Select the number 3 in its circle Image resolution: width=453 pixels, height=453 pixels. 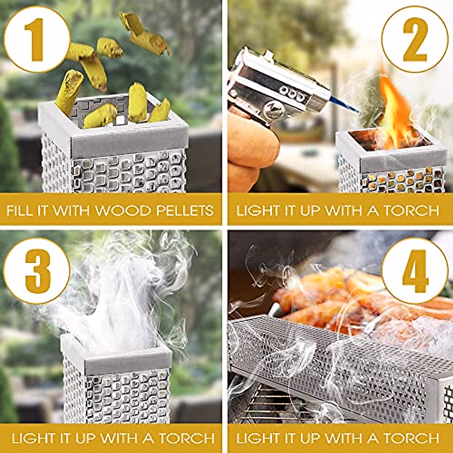pyautogui.click(x=37, y=270)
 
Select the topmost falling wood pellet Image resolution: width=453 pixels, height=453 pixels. pyautogui.click(x=145, y=33)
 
